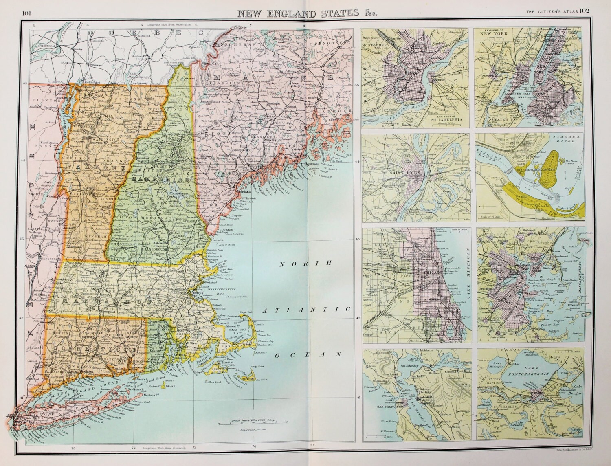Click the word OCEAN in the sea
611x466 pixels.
point(307,355)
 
